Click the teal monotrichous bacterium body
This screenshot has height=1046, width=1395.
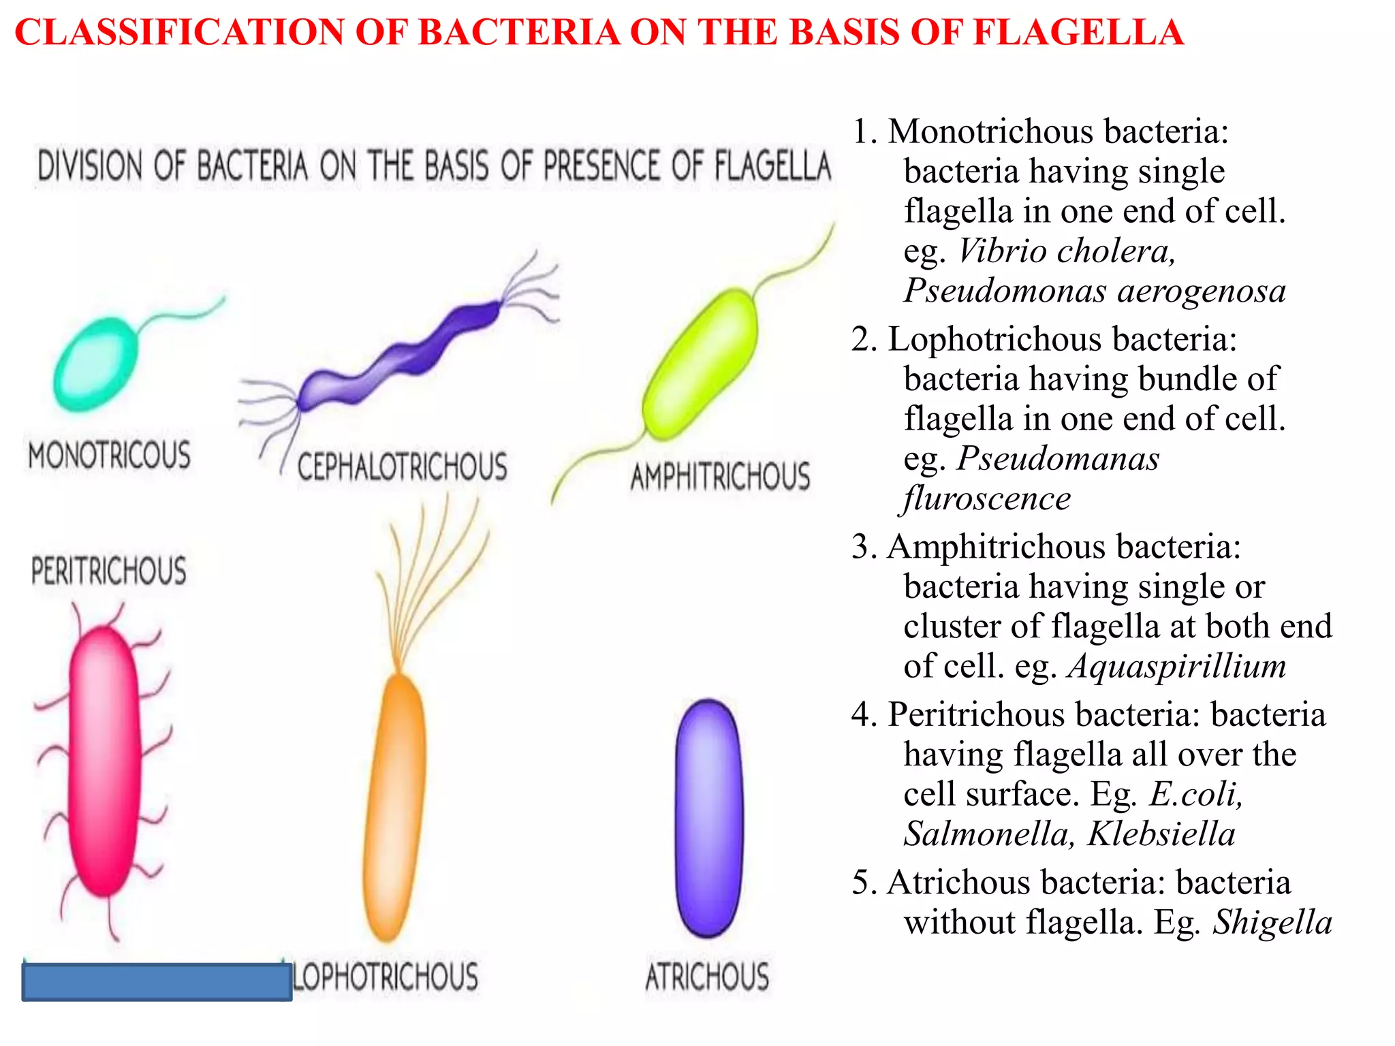point(95,364)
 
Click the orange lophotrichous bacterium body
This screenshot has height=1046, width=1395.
point(395,807)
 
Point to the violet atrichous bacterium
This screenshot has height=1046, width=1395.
point(708,817)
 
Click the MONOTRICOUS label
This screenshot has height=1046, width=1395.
point(109,455)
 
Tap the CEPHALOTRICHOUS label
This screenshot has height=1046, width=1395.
point(402,467)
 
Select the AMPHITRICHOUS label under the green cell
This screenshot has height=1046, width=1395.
point(720,476)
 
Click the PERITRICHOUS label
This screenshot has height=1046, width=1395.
point(109,571)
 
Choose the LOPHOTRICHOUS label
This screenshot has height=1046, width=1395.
point(386,976)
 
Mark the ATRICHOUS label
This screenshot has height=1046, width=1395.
point(707,976)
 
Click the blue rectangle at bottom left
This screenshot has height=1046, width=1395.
point(157,981)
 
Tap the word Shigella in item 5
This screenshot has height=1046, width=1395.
point(1272,922)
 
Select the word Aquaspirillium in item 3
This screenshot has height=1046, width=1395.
point(1176,665)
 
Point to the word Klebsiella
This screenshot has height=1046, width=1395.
point(1161,834)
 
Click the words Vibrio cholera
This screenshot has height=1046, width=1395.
point(1066,251)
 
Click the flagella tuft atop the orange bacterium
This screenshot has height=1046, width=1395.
point(429,579)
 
